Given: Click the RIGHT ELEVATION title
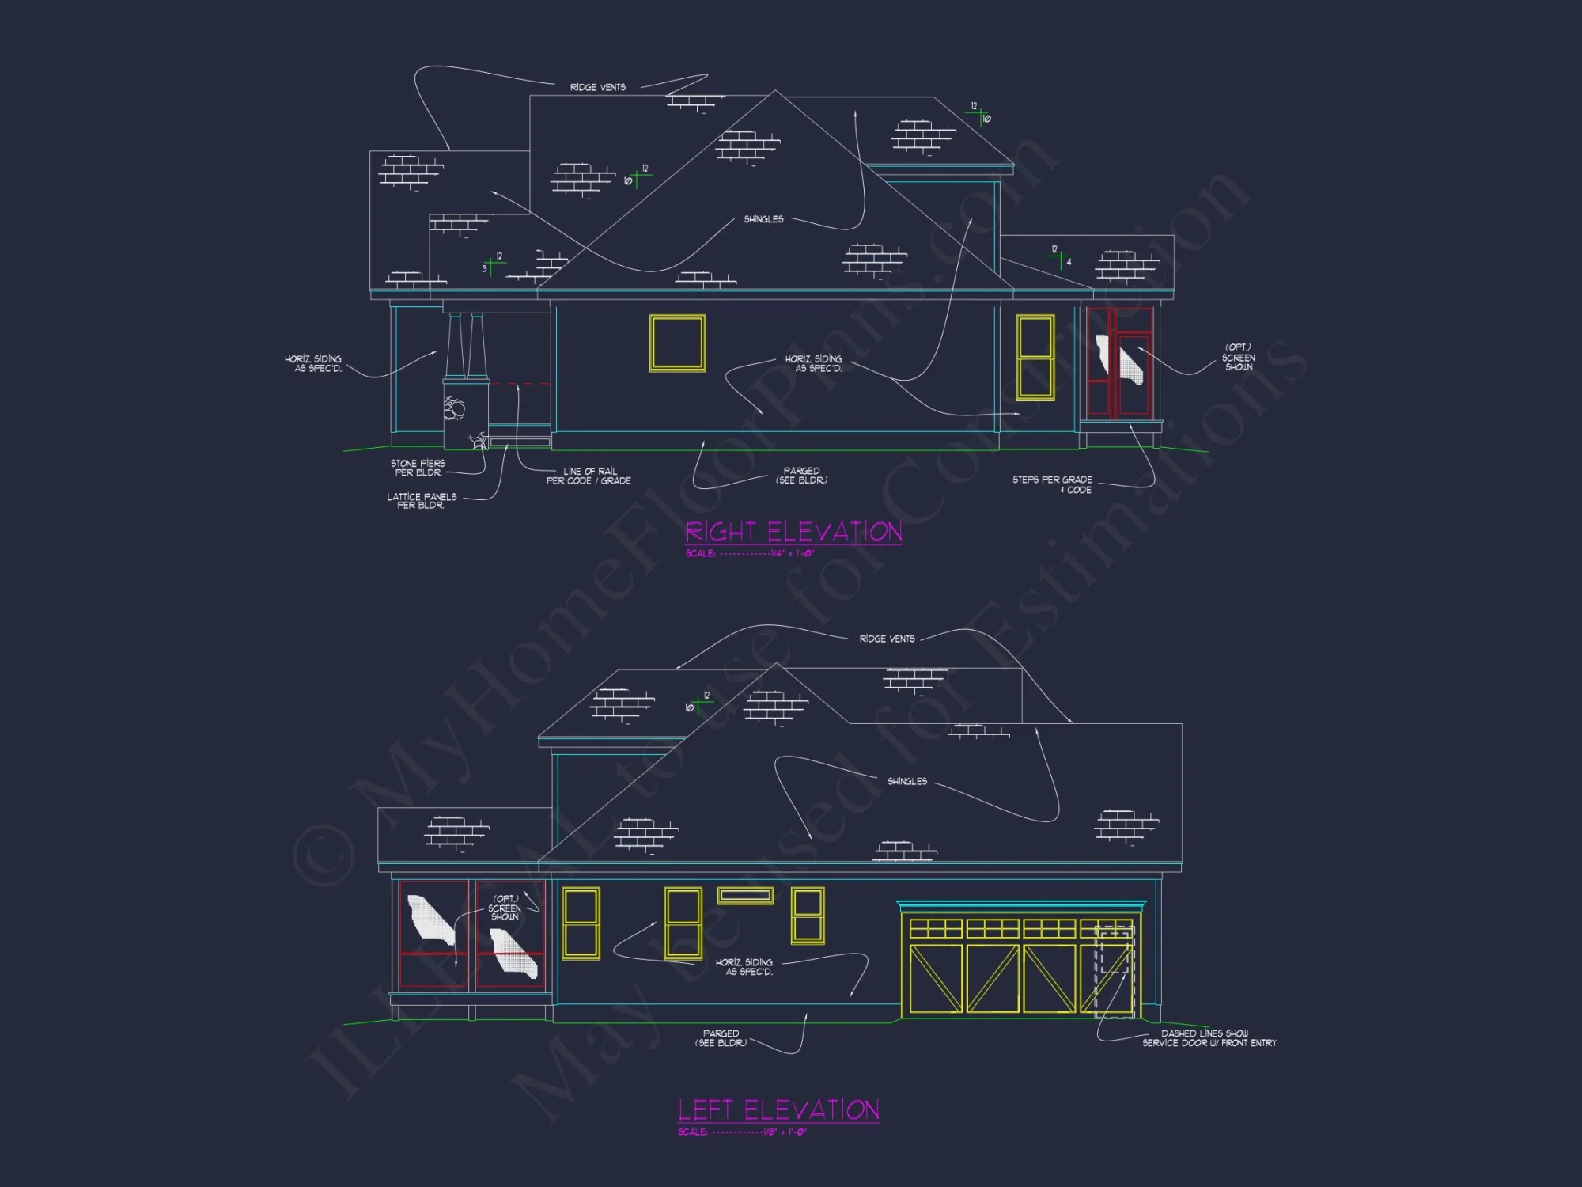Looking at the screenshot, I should [793, 532].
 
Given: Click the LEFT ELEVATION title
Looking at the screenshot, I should [778, 1110].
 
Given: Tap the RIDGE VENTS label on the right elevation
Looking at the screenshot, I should [597, 87].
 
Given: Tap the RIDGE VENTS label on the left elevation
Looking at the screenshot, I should [887, 639].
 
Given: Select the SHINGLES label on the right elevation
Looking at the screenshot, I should [763, 219].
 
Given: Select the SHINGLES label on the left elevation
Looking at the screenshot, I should [906, 781].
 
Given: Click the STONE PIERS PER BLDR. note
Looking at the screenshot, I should [418, 468].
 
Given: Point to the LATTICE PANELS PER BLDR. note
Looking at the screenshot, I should [421, 501].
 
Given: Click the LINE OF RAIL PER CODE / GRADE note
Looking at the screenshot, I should [589, 476].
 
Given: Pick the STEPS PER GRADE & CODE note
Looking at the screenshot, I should [1052, 484].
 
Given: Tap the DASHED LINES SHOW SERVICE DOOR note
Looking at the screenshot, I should [1209, 1038].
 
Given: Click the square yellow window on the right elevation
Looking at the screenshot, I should [677, 343].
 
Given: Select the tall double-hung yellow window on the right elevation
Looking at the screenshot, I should [1035, 357].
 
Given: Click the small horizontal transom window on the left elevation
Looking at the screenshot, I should [745, 895].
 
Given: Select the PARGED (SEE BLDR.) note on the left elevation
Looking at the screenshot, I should [721, 1038].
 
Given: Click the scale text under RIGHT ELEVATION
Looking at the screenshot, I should [750, 553].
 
